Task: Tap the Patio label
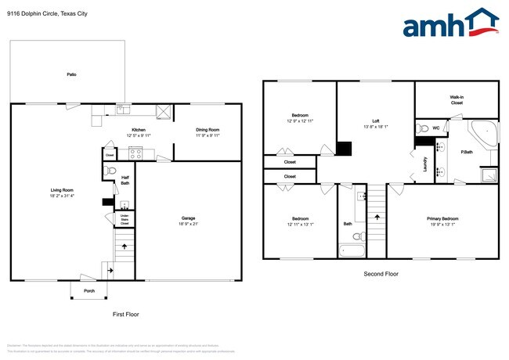tap(71, 74)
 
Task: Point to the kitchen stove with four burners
tap(134, 153)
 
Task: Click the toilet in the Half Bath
tap(110, 171)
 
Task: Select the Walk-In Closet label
tap(457, 99)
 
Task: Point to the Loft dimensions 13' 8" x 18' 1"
tap(376, 128)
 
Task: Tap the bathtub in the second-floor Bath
tap(353, 251)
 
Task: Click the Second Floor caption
tap(381, 274)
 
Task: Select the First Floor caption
tap(125, 313)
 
